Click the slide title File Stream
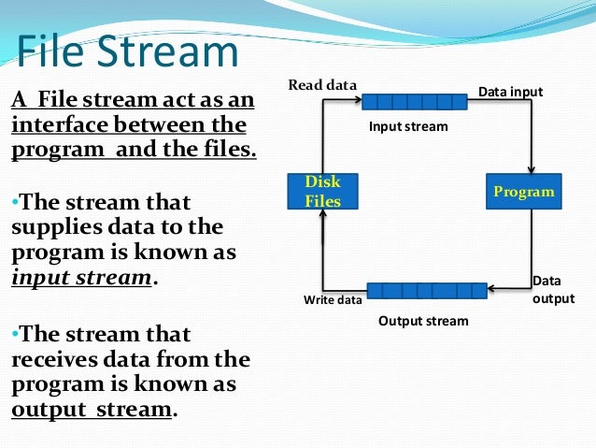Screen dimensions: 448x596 [x=127, y=52]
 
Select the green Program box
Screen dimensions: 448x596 [x=523, y=192]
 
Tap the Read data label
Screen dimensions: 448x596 [x=322, y=85]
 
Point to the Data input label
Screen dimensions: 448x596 [x=510, y=92]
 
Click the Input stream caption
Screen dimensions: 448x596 [x=408, y=126]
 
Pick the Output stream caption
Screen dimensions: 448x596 [x=423, y=321]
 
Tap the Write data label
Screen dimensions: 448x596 [x=333, y=300]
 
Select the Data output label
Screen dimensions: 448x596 [x=548, y=289]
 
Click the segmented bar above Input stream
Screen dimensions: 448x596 [x=414, y=102]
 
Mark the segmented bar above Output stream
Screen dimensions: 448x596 [x=426, y=291]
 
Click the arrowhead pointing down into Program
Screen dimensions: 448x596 [x=531, y=168]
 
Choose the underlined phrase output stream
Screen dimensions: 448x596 [x=92, y=410]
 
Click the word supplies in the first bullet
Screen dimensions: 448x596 [x=52, y=227]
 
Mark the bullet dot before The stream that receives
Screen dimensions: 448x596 [x=15, y=334]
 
